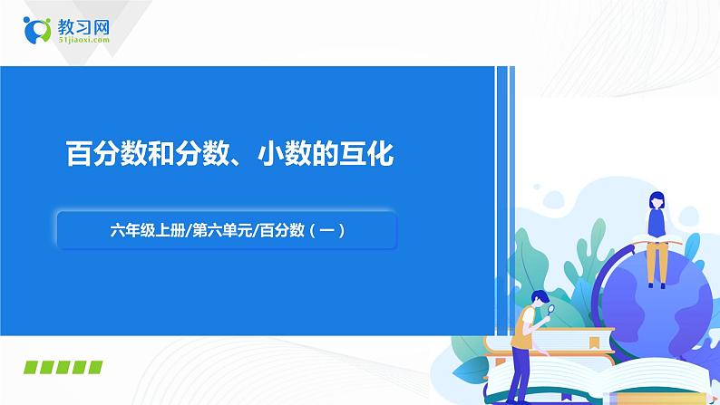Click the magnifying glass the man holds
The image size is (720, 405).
pos(549,310)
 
